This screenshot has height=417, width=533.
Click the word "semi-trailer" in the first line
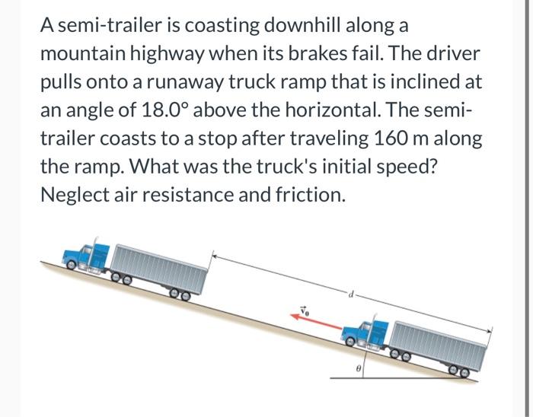(x=111, y=25)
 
